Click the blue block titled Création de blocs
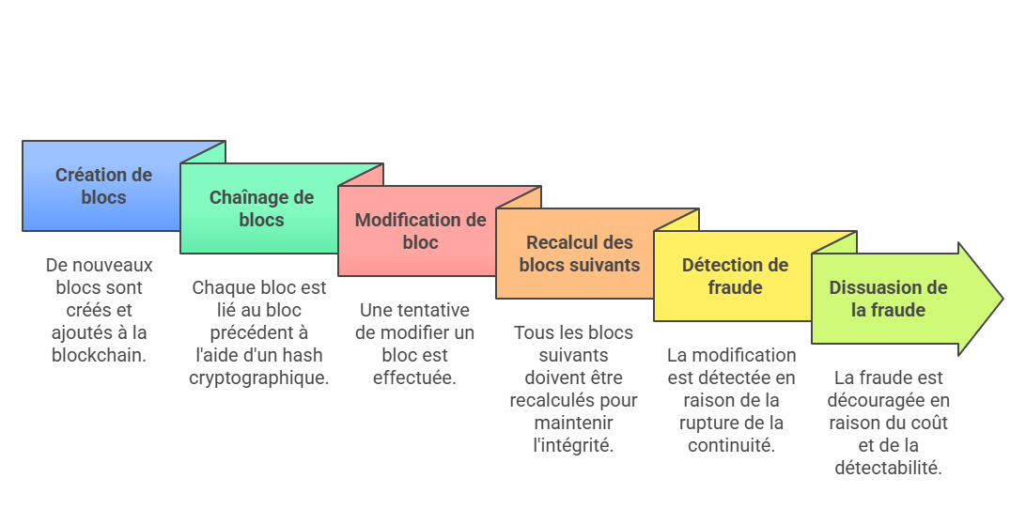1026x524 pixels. pos(102,186)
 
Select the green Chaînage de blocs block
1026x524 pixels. pos(261,208)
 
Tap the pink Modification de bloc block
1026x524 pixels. pos(420,231)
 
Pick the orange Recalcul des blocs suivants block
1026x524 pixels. pos(579,254)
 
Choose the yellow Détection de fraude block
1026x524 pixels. pos(735,276)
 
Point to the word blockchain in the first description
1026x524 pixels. pos(100,355)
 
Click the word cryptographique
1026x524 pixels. pos(259,378)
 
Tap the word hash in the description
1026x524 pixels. pos(308,355)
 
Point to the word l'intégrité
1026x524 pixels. pos(573,445)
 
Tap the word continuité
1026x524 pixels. pos(731,445)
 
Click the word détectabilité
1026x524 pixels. pos(888,468)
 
